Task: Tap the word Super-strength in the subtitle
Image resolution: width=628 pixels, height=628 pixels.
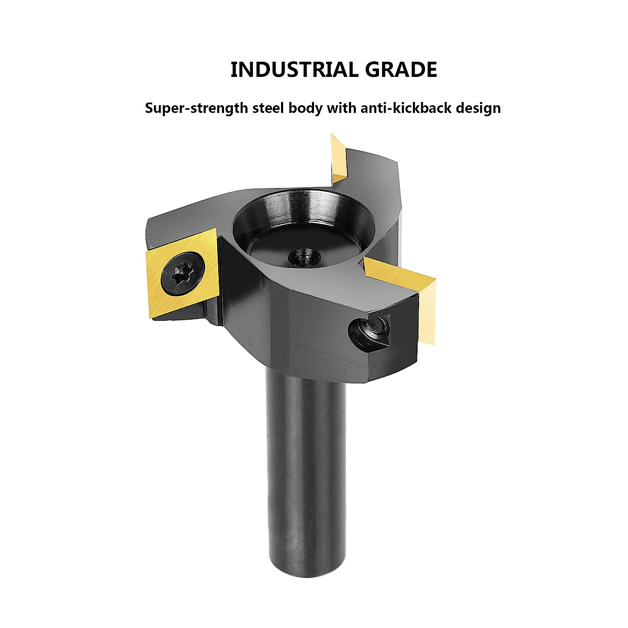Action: [196, 108]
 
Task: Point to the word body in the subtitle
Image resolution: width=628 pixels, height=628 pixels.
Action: [306, 108]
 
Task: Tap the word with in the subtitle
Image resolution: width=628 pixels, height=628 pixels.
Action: [342, 108]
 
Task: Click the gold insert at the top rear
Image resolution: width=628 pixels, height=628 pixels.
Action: [338, 157]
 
